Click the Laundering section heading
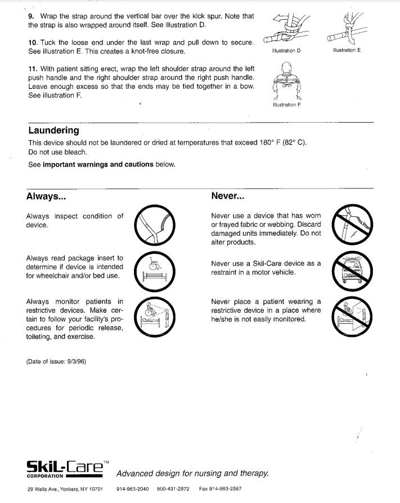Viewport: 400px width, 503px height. pos(53,131)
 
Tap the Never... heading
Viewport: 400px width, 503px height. pos(227,196)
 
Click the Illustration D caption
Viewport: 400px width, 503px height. pos(286,51)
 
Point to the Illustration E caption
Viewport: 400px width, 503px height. pos(347,50)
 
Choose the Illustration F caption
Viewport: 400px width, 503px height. pos(286,105)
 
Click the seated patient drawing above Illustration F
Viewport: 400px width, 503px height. pos(286,80)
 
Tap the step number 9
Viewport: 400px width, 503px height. pos(30,16)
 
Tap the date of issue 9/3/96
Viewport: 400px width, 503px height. pos(56,361)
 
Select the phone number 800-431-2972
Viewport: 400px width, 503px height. pos(173,489)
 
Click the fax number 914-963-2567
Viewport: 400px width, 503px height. pos(220,489)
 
